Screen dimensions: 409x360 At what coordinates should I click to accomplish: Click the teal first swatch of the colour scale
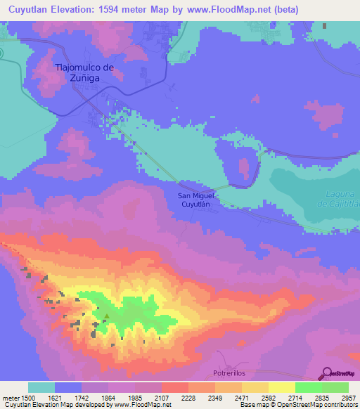pyautogui.click(x=41, y=387)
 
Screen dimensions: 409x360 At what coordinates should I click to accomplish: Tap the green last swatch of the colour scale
pyautogui.click(x=335, y=387)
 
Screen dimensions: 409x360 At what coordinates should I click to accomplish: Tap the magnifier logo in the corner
pyautogui.click(x=327, y=375)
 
